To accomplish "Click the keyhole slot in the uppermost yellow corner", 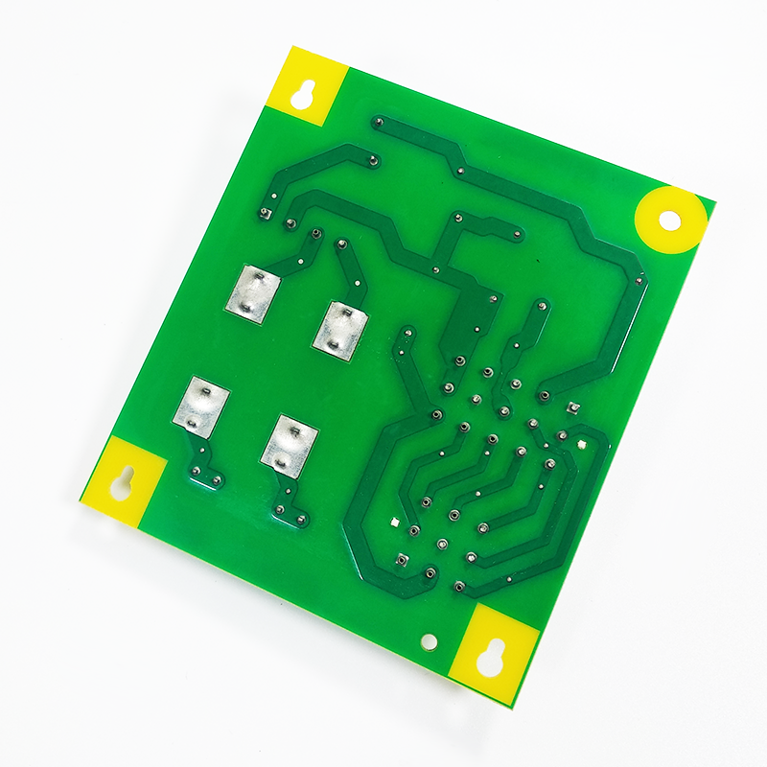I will (308, 94).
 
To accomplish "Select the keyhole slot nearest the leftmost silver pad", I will (123, 480).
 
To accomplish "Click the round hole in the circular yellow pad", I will (669, 221).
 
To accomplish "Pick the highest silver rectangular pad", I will (254, 293).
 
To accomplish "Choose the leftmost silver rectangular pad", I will (201, 407).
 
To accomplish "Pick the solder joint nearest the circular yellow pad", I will (639, 280).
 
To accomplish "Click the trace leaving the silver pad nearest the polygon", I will (350, 268).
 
